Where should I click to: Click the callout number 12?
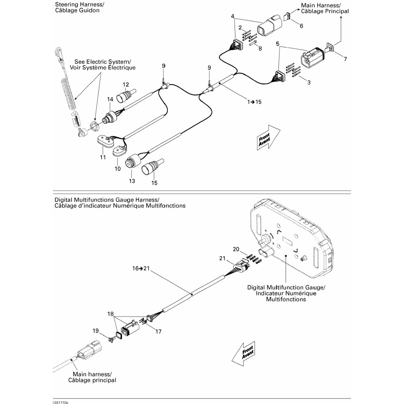(126, 85)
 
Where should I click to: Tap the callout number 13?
(132, 181)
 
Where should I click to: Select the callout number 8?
(260, 48)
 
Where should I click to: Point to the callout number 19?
(96, 331)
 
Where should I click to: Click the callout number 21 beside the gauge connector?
(222, 258)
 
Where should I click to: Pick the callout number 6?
(301, 26)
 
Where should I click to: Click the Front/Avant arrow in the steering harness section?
(268, 137)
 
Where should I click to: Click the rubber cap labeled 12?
(126, 96)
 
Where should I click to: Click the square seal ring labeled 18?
(119, 335)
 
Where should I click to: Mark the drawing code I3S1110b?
(60, 403)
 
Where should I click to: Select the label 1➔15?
(255, 102)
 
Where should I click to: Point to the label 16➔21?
(141, 268)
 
